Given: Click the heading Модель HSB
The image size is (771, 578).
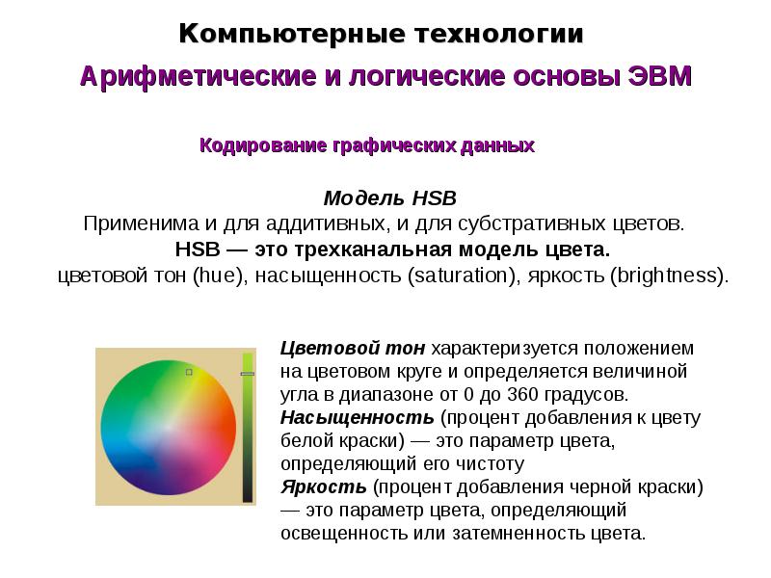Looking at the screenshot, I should click(389, 198).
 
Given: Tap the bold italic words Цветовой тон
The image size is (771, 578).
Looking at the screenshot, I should click(353, 348).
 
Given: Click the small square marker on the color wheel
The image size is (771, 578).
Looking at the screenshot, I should click(189, 371).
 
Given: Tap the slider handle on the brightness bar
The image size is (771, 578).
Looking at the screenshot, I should click(248, 374).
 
